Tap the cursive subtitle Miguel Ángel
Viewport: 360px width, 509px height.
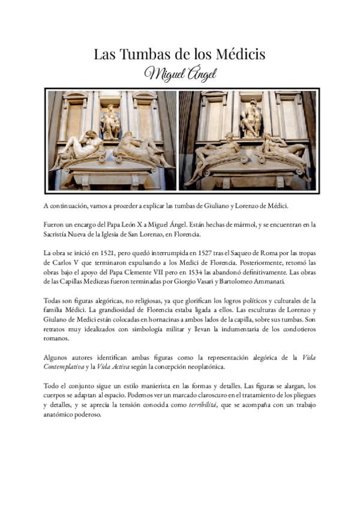[179, 74]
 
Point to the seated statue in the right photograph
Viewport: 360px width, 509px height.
[251, 119]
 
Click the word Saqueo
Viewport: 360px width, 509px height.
[255, 252]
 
